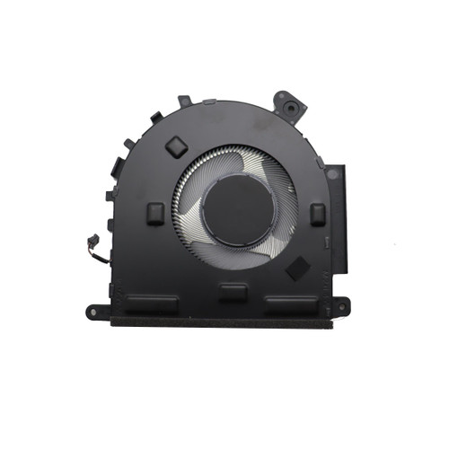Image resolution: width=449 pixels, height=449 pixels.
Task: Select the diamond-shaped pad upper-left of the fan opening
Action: pyautogui.click(x=177, y=145)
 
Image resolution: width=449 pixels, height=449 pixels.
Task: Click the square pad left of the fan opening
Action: pyautogui.click(x=155, y=212)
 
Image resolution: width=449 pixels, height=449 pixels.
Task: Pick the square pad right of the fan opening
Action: pyautogui.click(x=317, y=213)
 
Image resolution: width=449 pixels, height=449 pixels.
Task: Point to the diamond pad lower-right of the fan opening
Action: pyautogui.click(x=297, y=268)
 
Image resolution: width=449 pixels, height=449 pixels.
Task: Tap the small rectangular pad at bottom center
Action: pyautogui.click(x=233, y=291)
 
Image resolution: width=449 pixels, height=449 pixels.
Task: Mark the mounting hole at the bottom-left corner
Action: pyautogui.click(x=93, y=312)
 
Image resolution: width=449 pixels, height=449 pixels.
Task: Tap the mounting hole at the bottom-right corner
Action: pyautogui.click(x=342, y=310)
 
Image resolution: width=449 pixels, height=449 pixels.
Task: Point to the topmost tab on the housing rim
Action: pyautogui.click(x=185, y=101)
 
